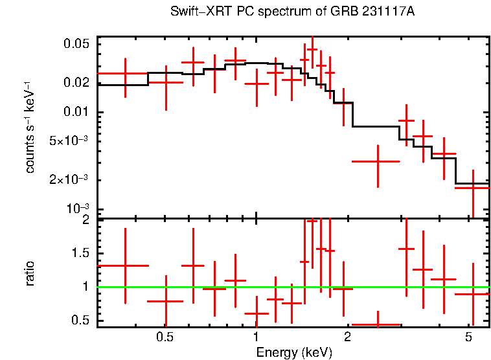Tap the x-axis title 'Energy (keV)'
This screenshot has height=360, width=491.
[294, 352]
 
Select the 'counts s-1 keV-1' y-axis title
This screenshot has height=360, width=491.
[30, 126]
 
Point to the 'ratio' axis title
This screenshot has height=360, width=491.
[30, 273]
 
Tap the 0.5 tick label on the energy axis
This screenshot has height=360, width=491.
[165, 337]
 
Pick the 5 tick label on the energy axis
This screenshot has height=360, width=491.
[468, 337]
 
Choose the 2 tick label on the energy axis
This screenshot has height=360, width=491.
[348, 337]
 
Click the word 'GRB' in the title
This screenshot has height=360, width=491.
[360, 12]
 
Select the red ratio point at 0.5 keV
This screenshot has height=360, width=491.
[166, 301]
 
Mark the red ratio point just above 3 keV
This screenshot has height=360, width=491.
[406, 249]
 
